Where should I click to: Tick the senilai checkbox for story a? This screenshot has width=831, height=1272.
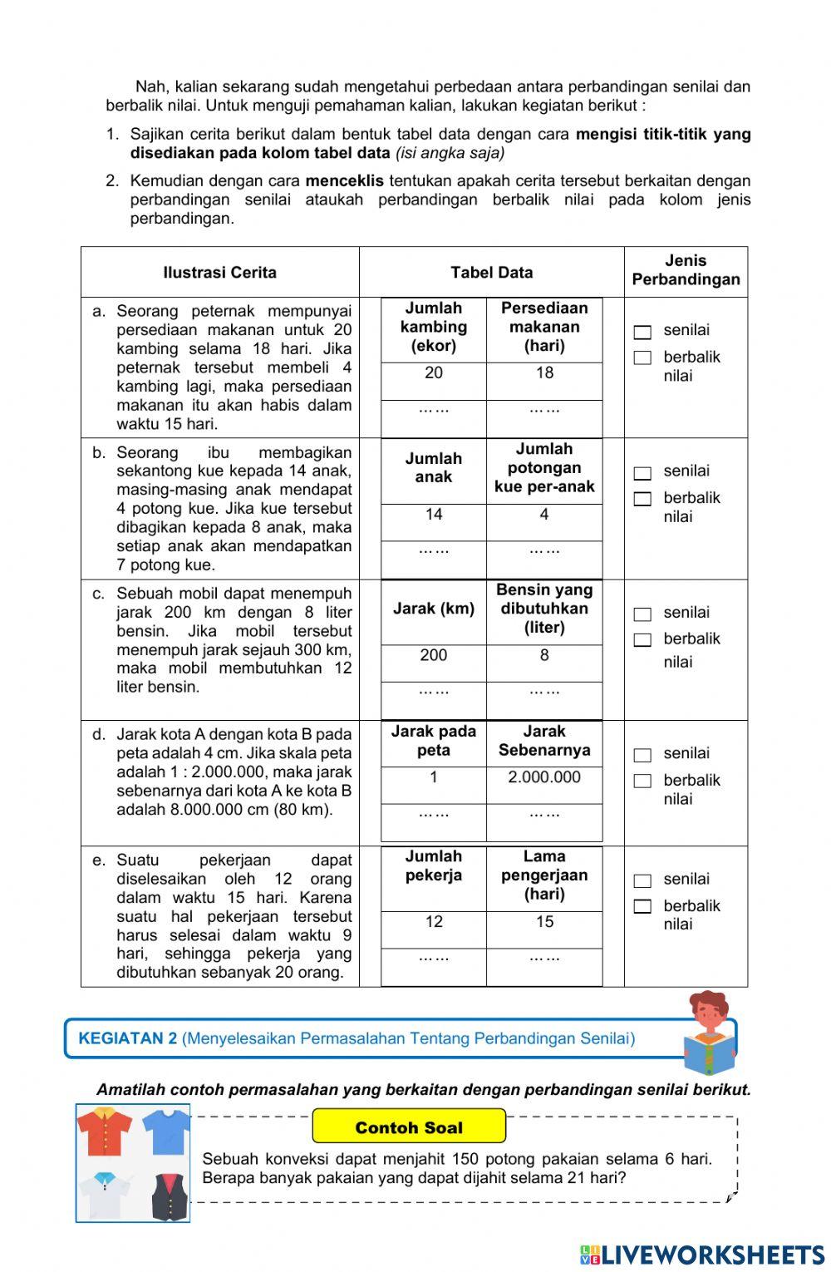642,333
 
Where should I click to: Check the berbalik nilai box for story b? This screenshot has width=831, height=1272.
642,499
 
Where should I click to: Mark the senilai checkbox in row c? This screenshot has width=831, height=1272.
642,614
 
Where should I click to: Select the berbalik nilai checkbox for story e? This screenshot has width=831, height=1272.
642,906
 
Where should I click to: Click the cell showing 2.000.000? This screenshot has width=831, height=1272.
544,778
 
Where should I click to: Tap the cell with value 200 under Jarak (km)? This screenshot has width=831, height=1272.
434,656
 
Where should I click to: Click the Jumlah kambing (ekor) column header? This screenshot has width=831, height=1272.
434,328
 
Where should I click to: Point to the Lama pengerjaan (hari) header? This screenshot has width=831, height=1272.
544,875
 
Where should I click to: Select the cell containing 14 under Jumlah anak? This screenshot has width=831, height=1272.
434,515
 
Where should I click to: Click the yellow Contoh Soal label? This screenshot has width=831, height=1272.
409,1127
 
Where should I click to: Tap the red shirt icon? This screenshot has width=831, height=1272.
105,1131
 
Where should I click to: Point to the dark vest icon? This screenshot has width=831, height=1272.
169,1196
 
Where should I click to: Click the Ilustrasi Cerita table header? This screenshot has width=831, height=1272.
220,273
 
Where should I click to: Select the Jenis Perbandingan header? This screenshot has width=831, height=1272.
686,271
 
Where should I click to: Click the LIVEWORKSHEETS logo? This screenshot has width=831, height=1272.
702,1255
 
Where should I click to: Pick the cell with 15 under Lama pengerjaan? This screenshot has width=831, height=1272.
544,922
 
